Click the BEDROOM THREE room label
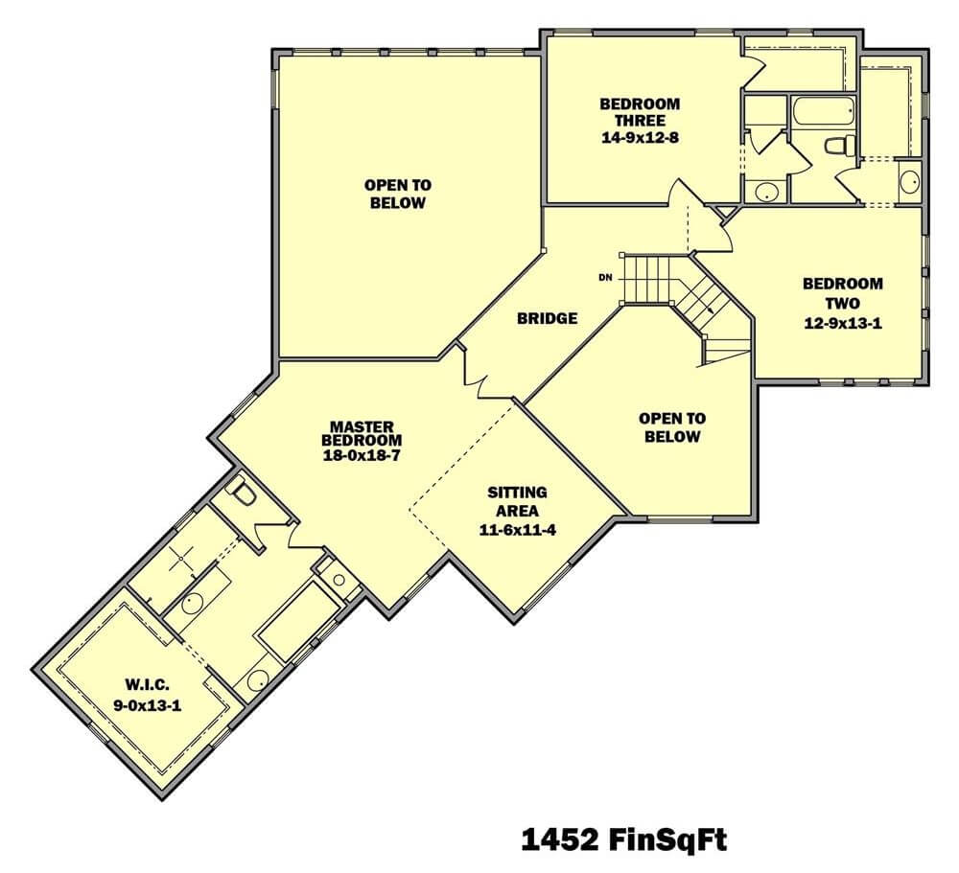[x=640, y=112]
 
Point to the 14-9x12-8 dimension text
[x=640, y=138]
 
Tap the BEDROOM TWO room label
[x=843, y=293]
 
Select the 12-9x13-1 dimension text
[x=843, y=323]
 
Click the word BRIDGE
[x=548, y=318]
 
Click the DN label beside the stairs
[x=605, y=278]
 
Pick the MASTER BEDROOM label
[x=363, y=433]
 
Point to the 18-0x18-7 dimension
[x=363, y=455]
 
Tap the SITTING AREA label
[x=518, y=501]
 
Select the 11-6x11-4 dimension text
[x=518, y=530]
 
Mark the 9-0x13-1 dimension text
[x=147, y=705]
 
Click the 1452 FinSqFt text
[x=624, y=839]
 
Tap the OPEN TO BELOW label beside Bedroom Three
[x=398, y=194]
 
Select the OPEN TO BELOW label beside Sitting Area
[x=672, y=427]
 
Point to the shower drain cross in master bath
[x=181, y=558]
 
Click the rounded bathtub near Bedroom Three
[x=823, y=111]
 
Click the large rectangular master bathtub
[x=299, y=621]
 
